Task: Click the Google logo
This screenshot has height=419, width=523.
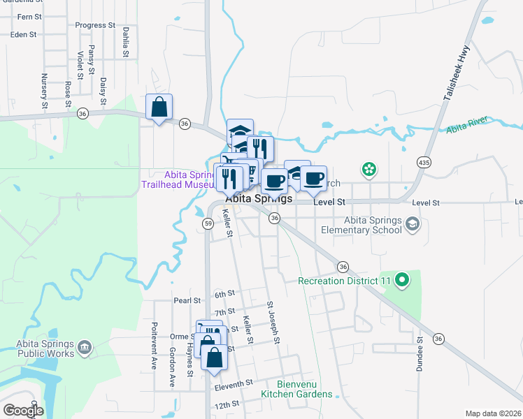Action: pyautogui.click(x=23, y=411)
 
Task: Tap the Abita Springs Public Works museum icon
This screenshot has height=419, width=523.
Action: pyautogui.click(x=85, y=347)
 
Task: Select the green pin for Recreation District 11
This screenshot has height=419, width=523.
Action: pyautogui.click(x=401, y=281)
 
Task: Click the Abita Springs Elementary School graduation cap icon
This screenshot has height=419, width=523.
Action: pyautogui.click(x=413, y=223)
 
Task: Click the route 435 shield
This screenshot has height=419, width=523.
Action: pyautogui.click(x=423, y=161)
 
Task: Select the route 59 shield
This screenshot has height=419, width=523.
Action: pyautogui.click(x=208, y=223)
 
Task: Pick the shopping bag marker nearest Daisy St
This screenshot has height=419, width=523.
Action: pyautogui.click(x=159, y=108)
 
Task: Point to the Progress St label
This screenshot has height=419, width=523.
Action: pyautogui.click(x=95, y=25)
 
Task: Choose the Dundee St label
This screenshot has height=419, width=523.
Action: pyautogui.click(x=420, y=354)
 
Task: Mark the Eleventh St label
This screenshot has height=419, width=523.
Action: pyautogui.click(x=234, y=384)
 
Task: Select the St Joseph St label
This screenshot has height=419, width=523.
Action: pyautogui.click(x=273, y=323)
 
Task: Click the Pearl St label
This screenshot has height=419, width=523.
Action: pyautogui.click(x=187, y=301)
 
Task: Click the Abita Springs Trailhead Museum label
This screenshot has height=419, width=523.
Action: pyautogui.click(x=187, y=179)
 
